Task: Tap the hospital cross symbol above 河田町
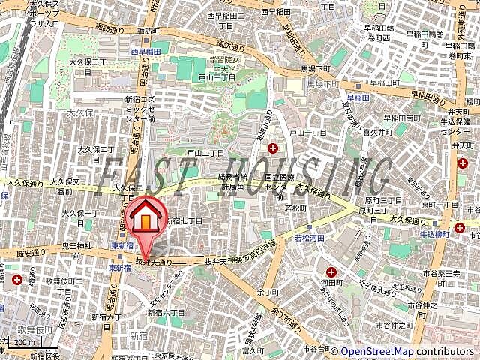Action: click(331, 271)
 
